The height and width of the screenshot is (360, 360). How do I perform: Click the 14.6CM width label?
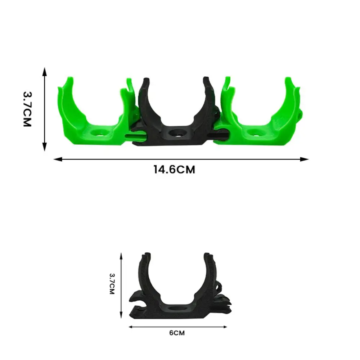(x=174, y=170)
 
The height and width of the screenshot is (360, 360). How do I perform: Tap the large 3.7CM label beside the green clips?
(x=27, y=109)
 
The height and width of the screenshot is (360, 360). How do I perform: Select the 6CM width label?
(x=177, y=333)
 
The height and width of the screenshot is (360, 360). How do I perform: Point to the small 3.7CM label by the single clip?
(x=112, y=284)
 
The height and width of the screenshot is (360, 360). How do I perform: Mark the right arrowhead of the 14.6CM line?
(x=305, y=159)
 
